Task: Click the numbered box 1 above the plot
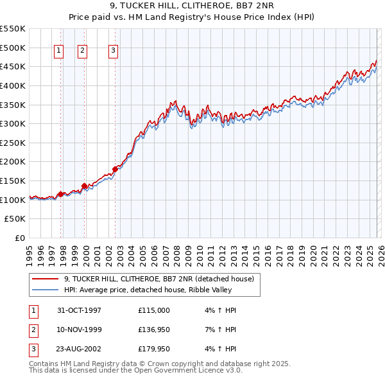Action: pyautogui.click(x=58, y=51)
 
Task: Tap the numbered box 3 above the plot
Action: pyautogui.click(x=113, y=51)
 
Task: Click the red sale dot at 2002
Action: pyautogui.click(x=116, y=170)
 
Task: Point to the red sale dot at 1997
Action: pyautogui.click(x=61, y=194)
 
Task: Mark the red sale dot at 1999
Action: pyautogui.click(x=84, y=186)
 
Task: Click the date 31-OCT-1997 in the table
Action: pyautogui.click(x=79, y=310)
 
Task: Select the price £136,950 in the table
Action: pyautogui.click(x=154, y=330)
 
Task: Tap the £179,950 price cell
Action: pyautogui.click(x=154, y=350)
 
